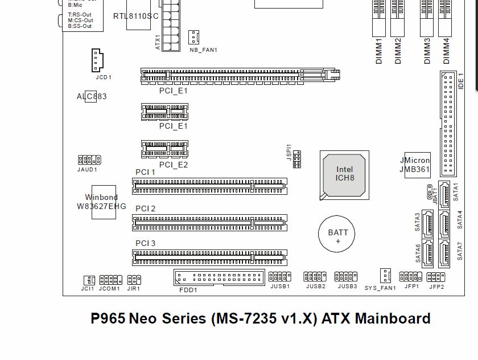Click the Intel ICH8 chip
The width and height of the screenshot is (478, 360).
point(345,174)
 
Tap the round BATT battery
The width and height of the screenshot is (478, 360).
point(337,234)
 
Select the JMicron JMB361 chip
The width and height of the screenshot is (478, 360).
point(418,165)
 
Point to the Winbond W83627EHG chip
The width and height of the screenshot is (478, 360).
point(101,201)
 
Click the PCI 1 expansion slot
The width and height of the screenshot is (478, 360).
point(209,186)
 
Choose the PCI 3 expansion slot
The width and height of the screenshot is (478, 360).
point(209,257)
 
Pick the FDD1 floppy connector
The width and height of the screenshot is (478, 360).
point(219,277)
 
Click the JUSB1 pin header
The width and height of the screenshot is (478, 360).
point(280,276)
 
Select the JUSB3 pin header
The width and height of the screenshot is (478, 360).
point(346,276)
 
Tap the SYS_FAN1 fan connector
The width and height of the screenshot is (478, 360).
point(386,276)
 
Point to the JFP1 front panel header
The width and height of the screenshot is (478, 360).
point(411,276)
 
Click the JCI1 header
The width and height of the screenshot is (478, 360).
point(89,280)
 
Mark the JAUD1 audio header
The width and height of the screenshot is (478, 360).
point(89,160)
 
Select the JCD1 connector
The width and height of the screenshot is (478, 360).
point(97,60)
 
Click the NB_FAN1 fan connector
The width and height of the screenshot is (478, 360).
point(195,38)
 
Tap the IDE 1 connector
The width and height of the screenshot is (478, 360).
point(448,124)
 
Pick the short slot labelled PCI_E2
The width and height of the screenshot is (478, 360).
point(164,150)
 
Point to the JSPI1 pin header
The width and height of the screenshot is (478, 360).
point(297,159)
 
